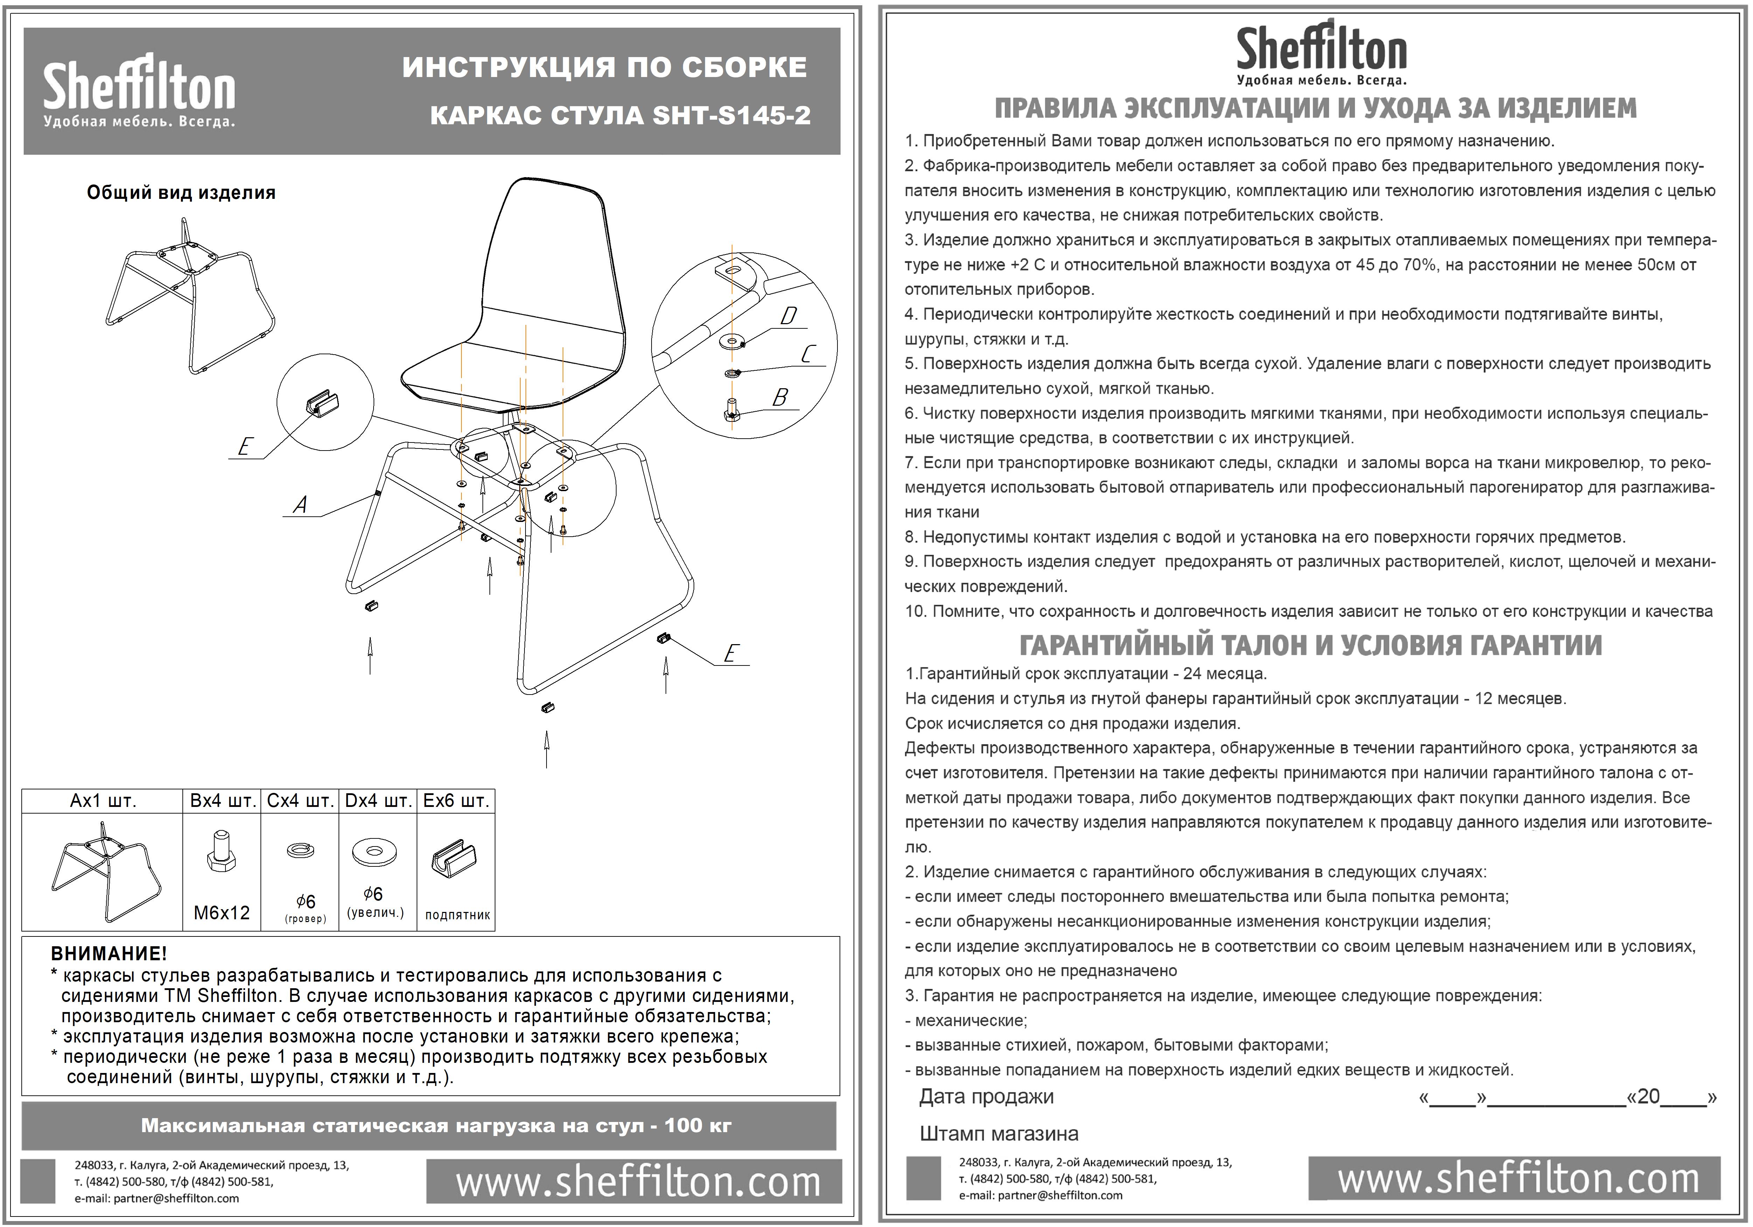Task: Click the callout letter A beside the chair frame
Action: coord(301,505)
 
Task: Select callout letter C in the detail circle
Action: coord(808,354)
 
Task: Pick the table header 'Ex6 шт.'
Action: coord(456,801)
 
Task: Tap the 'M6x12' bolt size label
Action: coord(221,912)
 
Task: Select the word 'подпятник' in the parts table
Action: coord(457,915)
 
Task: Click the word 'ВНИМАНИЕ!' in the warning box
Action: coord(109,954)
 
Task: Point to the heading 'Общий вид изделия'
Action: coord(181,193)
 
